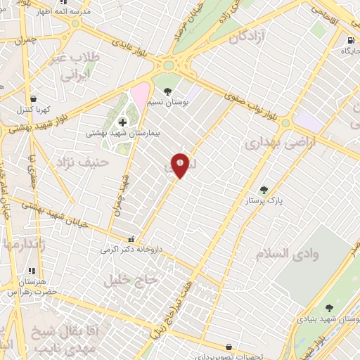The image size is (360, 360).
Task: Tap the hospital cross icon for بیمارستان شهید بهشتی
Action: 122,122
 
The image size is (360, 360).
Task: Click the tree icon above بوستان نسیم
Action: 167,90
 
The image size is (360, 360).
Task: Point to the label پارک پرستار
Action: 263,201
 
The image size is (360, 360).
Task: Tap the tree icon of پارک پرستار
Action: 264,189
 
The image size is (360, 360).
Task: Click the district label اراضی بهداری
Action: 281,143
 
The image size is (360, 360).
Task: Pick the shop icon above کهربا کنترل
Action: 34,98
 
